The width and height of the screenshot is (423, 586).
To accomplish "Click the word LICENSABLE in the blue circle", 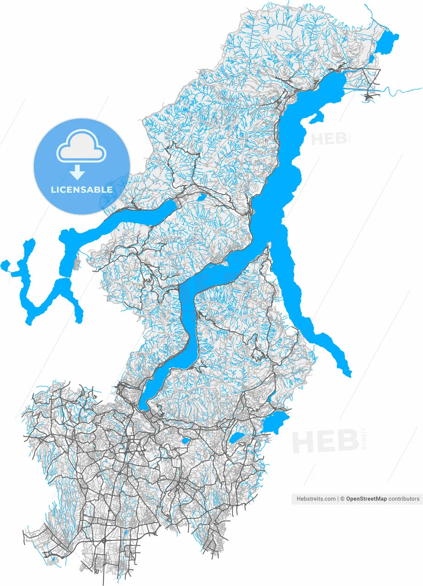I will (81, 190).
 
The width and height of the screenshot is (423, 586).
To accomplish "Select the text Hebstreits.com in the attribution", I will (316, 499).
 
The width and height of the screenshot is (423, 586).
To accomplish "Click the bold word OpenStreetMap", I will (366, 499).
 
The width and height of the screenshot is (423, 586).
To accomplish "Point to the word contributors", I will (404, 499).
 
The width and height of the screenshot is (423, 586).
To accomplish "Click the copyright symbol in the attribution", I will (342, 499).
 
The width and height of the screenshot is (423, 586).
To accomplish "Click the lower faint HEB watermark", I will (325, 441).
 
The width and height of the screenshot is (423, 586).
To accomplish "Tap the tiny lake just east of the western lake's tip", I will (201, 197).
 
